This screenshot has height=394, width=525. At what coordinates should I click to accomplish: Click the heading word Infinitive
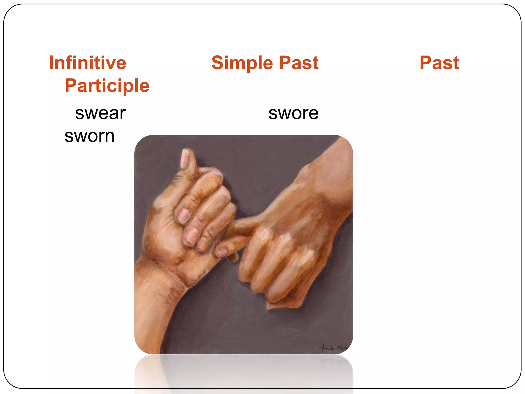coord(87,63)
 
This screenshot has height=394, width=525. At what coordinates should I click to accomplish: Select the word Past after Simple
coord(299,63)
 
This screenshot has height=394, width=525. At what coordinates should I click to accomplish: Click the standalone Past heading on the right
coord(439,63)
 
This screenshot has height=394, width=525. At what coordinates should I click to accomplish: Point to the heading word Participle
coord(107,85)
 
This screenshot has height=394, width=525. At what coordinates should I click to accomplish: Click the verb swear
coord(100,113)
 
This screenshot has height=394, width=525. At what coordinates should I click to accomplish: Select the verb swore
coord(293,113)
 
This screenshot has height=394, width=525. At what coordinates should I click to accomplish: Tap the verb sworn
coord(89,136)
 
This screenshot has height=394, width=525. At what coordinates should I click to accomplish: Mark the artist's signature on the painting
coord(333,348)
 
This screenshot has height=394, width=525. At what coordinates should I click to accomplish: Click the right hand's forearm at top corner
coord(338,154)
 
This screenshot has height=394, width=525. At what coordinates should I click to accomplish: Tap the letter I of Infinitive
coord(51,63)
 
